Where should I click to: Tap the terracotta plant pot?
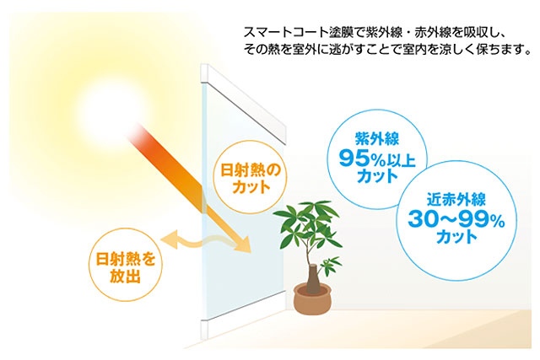click(312, 298)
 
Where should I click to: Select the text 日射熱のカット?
click(251, 179)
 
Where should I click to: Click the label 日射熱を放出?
click(126, 268)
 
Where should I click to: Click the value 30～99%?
click(456, 218)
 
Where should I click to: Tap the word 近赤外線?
click(456, 199)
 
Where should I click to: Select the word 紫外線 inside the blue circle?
click(377, 139)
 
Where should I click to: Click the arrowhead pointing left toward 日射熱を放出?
click(170, 239)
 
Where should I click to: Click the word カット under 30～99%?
click(457, 237)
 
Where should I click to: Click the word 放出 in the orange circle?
click(126, 276)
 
